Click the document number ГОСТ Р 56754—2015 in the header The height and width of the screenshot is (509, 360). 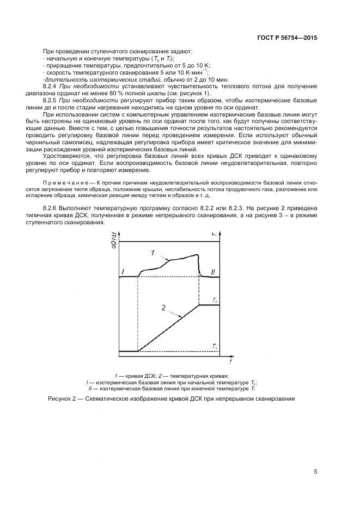(286, 38)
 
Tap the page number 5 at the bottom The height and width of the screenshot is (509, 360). (315, 471)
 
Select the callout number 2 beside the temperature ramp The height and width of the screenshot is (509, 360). (163, 308)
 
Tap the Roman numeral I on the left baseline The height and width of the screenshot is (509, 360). (123, 271)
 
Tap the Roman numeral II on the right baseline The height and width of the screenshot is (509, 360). (213, 272)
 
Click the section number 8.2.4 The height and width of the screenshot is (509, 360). (51, 87)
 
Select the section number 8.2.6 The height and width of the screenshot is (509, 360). (51, 209)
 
